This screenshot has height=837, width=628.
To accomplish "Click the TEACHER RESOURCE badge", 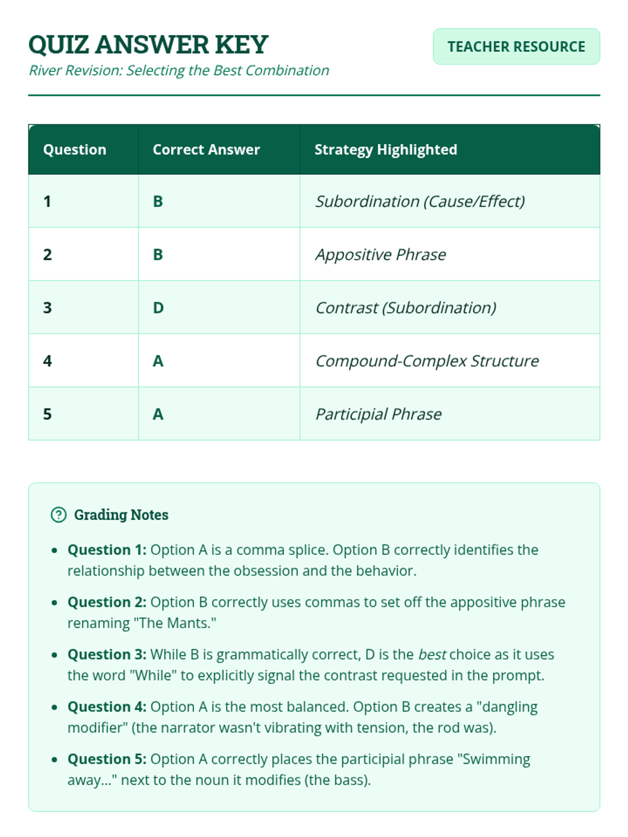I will (516, 47).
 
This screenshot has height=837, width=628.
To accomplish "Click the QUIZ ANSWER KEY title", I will (148, 44).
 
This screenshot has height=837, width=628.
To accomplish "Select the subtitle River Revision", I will (178, 71).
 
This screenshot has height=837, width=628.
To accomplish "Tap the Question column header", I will (74, 150).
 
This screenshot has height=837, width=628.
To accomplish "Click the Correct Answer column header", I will (206, 150).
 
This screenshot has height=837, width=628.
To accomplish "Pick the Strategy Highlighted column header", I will (385, 150).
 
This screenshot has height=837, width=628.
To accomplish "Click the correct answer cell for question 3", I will (158, 308).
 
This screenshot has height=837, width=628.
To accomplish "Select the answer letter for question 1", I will (158, 201).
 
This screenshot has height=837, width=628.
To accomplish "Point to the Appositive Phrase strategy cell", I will (380, 255).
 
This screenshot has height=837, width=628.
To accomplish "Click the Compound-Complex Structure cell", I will (427, 361).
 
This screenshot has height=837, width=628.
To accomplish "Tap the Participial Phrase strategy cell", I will (378, 414).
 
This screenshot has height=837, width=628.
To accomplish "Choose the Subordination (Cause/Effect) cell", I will (420, 201).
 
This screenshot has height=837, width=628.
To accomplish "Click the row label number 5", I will (48, 414).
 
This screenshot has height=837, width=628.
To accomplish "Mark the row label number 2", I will (48, 255).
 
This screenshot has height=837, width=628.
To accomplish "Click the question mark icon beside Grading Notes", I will (59, 515).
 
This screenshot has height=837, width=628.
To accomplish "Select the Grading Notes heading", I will (121, 515).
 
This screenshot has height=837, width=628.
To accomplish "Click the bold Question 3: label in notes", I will (107, 654).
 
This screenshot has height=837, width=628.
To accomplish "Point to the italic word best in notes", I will (432, 654).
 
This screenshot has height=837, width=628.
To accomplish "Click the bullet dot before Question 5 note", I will (54, 760).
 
